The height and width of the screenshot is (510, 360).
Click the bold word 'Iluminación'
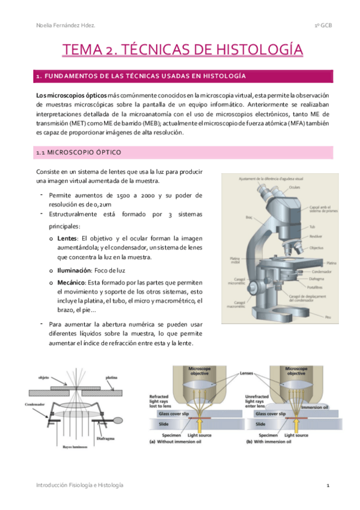click(70, 271)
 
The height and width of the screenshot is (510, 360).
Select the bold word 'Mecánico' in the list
click(70, 281)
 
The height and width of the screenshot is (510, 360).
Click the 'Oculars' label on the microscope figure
click(278, 187)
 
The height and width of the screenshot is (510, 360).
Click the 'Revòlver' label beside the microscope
click(315, 237)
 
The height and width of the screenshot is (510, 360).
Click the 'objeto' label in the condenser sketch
click(44, 378)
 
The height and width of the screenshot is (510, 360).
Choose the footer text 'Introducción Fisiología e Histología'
click(80, 485)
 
